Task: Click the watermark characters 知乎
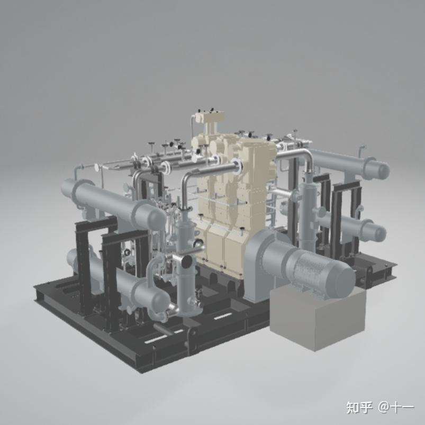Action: pos(359,408)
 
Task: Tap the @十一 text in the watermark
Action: pos(396,408)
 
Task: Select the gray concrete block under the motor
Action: pos(318,319)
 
